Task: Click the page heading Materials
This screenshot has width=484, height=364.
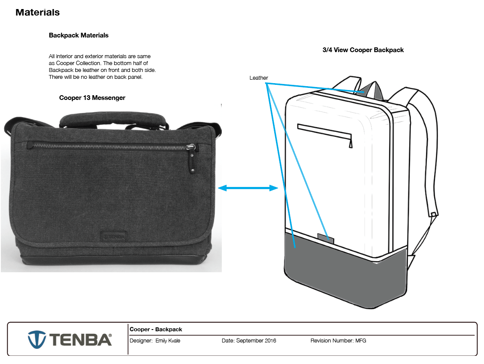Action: click(x=37, y=12)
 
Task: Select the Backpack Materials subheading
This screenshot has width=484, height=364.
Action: click(x=79, y=35)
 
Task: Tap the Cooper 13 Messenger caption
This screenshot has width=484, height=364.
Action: click(x=92, y=98)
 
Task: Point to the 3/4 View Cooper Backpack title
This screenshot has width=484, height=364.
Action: click(x=363, y=50)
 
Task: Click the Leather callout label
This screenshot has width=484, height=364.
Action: click(x=259, y=78)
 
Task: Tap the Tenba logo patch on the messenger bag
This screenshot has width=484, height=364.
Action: click(x=114, y=236)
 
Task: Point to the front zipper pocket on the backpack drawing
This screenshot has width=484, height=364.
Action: click(x=325, y=131)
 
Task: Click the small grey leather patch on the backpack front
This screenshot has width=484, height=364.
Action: click(x=326, y=237)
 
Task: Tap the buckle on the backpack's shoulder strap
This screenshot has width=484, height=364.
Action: click(x=434, y=214)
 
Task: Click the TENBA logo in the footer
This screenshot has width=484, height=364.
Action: click(x=70, y=339)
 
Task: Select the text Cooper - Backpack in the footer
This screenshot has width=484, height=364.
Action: click(x=156, y=330)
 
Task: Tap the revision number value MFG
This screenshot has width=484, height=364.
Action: click(x=360, y=341)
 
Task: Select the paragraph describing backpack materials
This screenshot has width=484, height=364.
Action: click(x=102, y=66)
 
